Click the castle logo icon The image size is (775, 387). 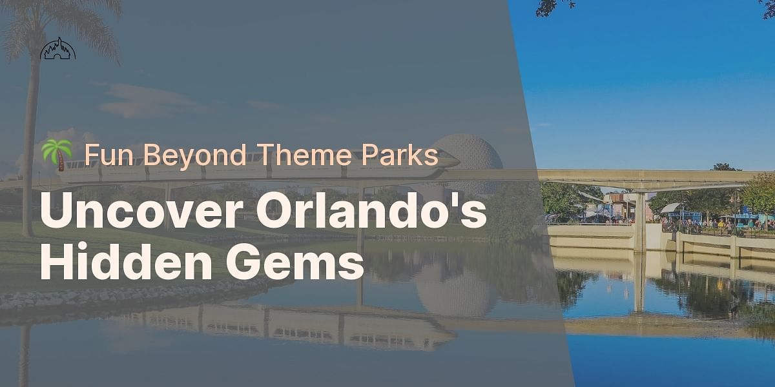(x=58, y=49)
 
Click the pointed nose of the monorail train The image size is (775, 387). (x=452, y=159)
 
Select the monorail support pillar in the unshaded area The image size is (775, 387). (x=640, y=219)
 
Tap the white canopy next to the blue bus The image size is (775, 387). (x=672, y=208)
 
